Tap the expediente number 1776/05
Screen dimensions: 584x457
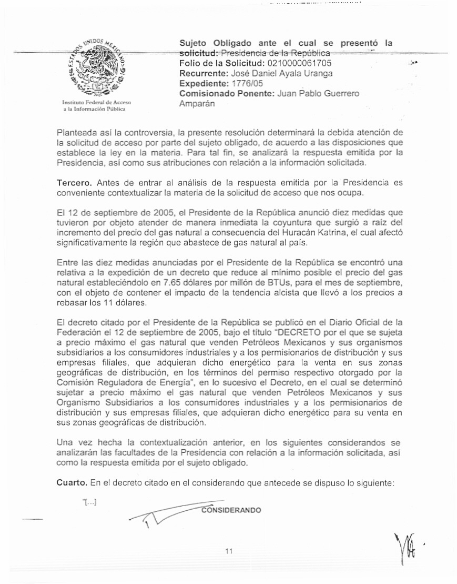point(248,84)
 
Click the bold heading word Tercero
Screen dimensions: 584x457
point(74,182)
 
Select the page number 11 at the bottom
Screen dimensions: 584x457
point(228,551)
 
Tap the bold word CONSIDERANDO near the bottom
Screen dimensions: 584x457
point(231,510)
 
